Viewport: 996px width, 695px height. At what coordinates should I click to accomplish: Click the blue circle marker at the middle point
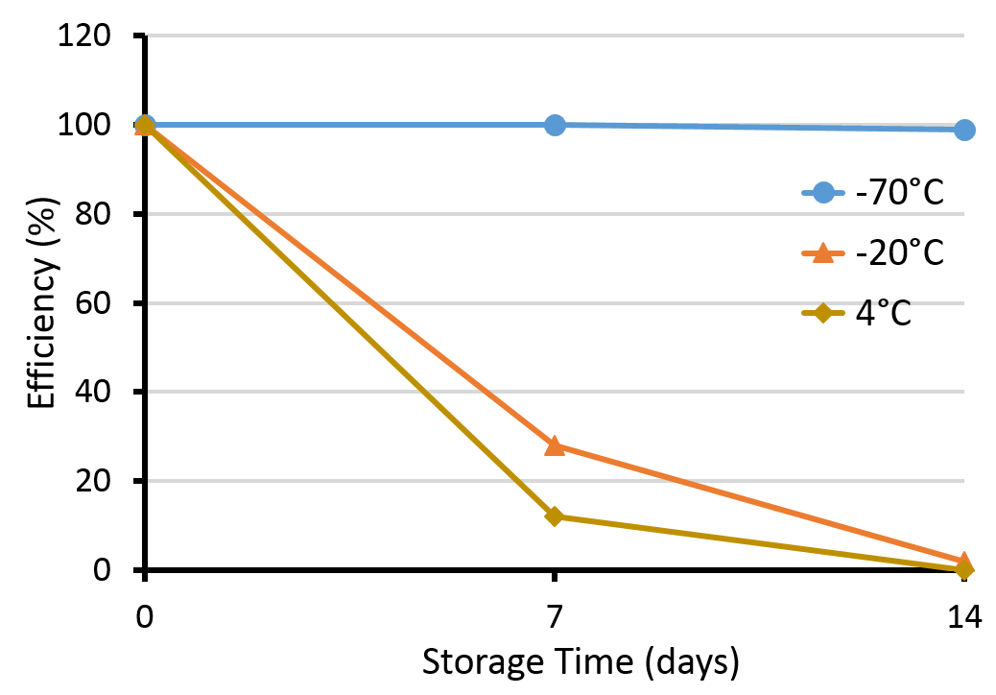555,125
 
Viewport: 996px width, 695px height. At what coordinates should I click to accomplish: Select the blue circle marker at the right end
964,130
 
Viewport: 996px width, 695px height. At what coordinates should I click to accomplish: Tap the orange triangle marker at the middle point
555,445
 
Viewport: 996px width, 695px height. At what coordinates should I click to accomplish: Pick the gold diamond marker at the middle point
554,516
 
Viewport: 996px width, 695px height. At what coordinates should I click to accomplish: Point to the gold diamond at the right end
964,569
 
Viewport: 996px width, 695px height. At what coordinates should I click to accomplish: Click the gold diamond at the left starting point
145,126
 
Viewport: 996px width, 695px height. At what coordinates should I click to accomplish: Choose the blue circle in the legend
823,193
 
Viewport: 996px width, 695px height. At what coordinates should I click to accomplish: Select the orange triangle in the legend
823,253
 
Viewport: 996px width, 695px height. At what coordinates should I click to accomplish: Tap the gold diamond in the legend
823,313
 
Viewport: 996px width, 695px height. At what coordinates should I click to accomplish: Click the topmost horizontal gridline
555,36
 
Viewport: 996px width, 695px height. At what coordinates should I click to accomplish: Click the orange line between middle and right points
758,503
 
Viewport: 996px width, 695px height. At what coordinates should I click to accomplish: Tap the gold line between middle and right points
758,543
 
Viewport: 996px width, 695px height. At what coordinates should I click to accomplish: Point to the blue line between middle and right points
758,127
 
